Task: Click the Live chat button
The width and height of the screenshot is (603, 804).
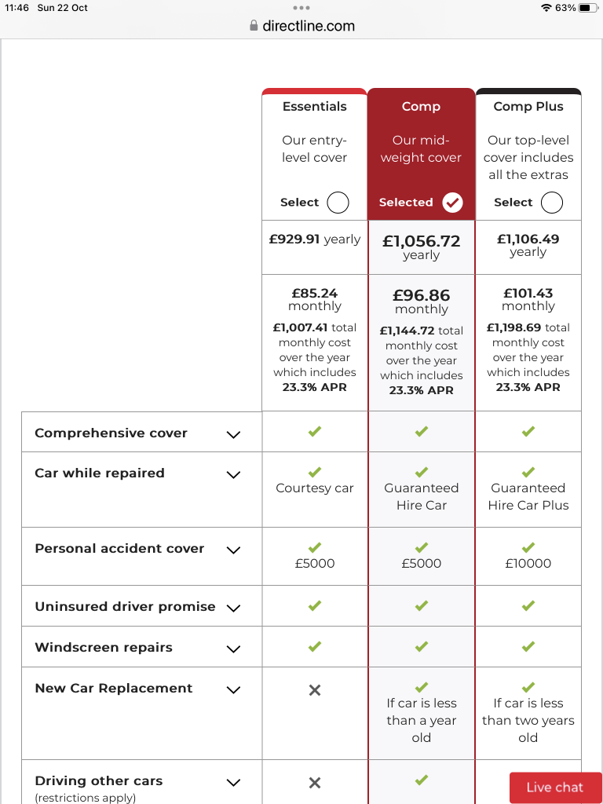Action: point(555,788)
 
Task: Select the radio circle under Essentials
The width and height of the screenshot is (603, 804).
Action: point(338,203)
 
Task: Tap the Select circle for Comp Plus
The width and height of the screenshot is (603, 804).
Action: point(552,203)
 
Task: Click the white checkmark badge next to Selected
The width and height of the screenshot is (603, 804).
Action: point(452,203)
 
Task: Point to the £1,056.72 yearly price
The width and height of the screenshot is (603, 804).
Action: point(422,241)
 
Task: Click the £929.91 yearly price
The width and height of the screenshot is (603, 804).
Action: point(315,239)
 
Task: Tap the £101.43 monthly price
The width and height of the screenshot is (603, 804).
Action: point(528,293)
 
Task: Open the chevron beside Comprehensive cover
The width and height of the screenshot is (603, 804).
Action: point(233,434)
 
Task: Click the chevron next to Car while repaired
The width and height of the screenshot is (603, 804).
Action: point(233,475)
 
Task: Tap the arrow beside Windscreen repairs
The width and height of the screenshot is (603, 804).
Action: point(233,649)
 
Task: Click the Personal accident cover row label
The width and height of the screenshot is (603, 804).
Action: point(119,549)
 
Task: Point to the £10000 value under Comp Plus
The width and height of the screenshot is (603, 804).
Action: point(528,564)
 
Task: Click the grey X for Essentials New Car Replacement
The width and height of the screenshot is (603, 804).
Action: point(315,690)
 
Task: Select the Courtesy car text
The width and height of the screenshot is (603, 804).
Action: point(315,488)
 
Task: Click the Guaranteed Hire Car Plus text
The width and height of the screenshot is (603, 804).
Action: point(528,496)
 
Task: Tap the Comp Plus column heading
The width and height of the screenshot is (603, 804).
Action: point(528,107)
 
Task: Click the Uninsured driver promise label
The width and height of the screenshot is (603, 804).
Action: point(125,607)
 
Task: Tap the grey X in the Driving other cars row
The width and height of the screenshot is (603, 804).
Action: point(315,783)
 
